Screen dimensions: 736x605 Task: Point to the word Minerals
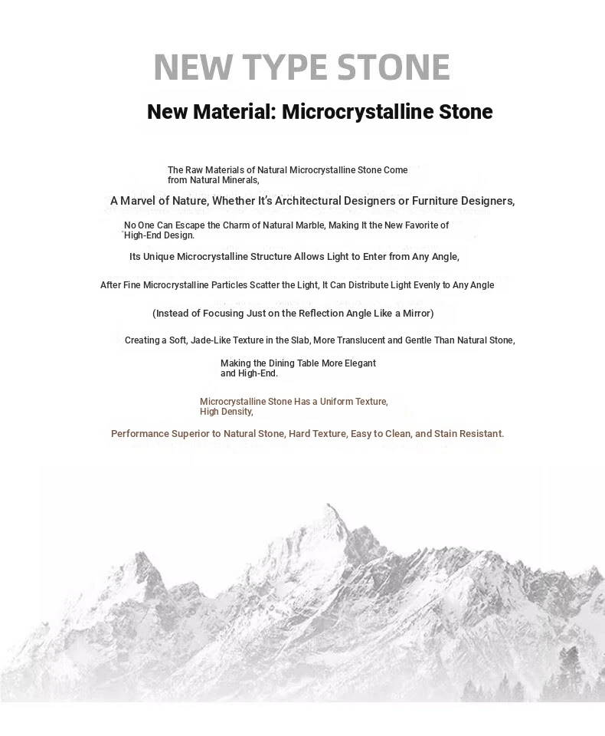[x=239, y=181]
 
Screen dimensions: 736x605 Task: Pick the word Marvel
[x=139, y=201]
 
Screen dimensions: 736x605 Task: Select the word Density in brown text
[x=234, y=412]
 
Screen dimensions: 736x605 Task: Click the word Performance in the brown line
[x=139, y=434]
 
